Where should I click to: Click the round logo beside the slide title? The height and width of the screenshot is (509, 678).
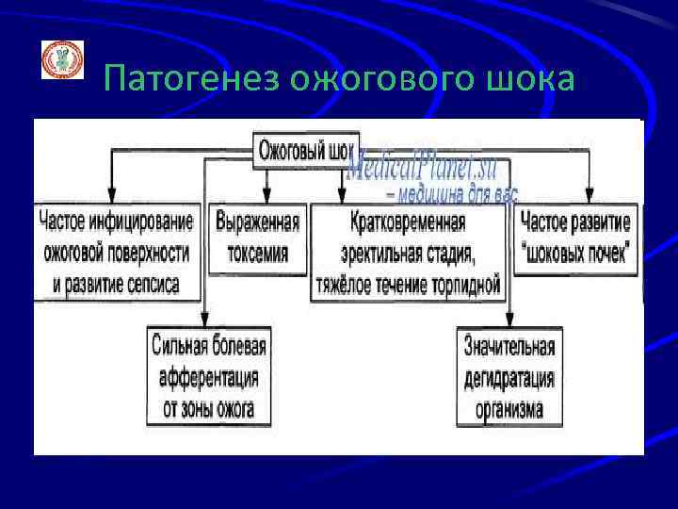click(62, 59)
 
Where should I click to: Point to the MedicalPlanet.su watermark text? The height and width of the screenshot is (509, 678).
click(428, 171)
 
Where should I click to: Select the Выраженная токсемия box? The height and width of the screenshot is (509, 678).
click(257, 238)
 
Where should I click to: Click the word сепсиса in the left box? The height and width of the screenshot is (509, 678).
click(154, 283)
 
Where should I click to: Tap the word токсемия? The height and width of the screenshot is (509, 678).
click(257, 253)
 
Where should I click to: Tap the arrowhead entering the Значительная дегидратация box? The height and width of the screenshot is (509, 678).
click(509, 320)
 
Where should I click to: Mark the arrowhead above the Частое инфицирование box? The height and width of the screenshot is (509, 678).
click(112, 194)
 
